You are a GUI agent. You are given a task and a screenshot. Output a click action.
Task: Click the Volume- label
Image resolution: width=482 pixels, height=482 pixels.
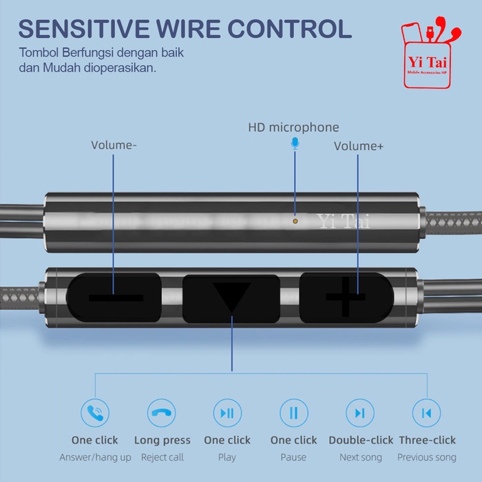coord(114,145)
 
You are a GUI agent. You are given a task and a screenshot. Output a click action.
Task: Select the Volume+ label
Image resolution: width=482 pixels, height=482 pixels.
coord(359,146)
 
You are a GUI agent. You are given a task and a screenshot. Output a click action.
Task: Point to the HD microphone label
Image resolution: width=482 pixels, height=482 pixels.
coord(293,127)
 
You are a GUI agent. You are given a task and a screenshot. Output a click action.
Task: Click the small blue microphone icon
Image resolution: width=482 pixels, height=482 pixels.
coord(295,143)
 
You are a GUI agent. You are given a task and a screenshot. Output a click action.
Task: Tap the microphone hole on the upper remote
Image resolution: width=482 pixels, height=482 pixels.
coord(295,222)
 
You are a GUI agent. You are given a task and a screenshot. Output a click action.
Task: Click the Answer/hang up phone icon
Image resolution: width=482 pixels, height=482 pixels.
coord(95,413)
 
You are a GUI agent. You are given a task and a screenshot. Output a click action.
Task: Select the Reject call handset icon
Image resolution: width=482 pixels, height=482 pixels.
coord(162,413)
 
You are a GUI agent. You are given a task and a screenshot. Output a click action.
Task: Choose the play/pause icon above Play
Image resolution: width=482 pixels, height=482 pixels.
coord(227,413)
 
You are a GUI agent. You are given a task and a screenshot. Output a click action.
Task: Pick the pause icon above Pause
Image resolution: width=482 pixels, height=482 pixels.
coord(293,413)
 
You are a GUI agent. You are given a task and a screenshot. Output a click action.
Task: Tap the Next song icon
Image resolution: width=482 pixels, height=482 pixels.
coord(359,413)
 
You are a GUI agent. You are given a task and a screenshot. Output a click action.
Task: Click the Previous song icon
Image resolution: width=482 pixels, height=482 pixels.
coord(426,413)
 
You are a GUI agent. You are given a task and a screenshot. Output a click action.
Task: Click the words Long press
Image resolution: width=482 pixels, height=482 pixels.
coord(162,440)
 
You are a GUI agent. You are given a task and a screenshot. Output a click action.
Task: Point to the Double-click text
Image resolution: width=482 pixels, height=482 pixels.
coord(361,440)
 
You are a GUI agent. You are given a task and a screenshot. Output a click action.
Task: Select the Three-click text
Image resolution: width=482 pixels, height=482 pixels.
coord(426,440)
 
